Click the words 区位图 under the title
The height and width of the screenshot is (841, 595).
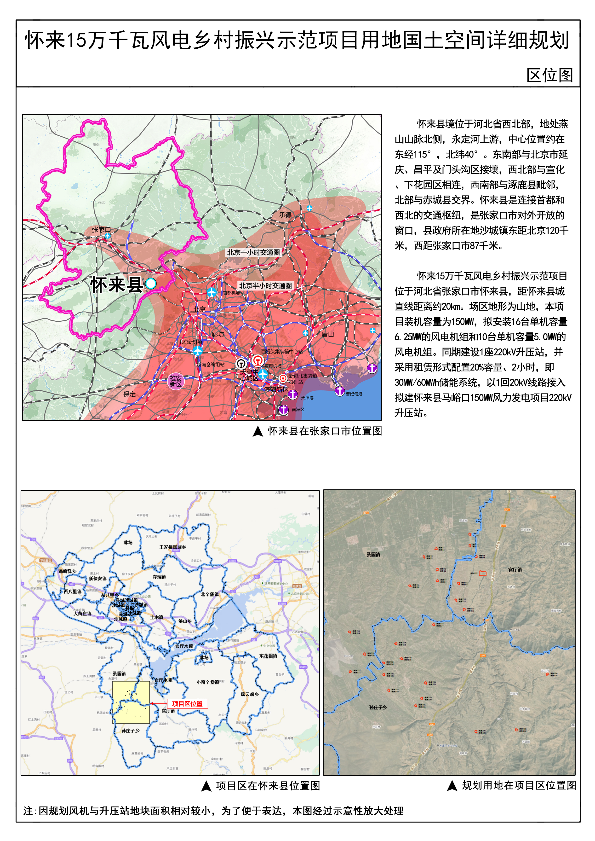[549, 75]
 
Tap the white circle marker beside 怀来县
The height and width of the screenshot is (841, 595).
[151, 283]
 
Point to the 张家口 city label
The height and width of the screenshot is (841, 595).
[101, 230]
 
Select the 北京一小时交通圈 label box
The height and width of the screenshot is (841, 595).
[253, 252]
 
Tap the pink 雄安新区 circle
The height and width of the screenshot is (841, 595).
[176, 381]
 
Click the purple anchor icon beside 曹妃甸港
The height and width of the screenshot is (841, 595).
[340, 391]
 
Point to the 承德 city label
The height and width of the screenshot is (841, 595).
[286, 215]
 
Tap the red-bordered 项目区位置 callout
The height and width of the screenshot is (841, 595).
[187, 703]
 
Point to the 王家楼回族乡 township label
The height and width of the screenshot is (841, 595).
[172, 547]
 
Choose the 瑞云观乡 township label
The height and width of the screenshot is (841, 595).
[250, 694]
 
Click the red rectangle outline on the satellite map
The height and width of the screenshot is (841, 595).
[482, 573]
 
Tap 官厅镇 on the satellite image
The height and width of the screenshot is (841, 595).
[515, 570]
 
